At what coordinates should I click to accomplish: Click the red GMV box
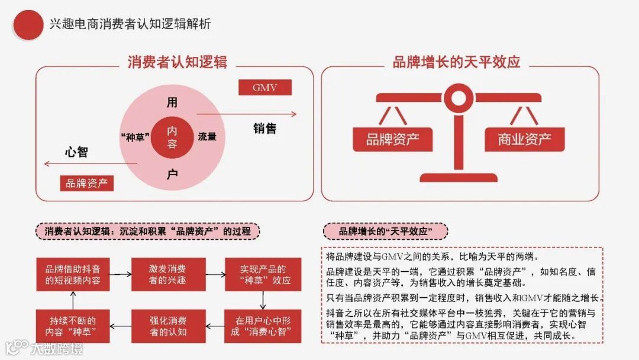[264, 88]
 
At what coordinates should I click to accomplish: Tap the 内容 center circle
[172, 137]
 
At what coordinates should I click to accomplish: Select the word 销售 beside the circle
[264, 128]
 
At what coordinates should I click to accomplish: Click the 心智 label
[76, 152]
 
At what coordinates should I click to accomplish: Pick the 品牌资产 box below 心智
[86, 183]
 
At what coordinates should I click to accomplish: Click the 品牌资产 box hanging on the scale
[392, 139]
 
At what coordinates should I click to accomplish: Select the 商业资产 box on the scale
[524, 139]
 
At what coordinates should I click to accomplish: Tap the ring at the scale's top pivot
[458, 94]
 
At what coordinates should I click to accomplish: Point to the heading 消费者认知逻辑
[177, 62]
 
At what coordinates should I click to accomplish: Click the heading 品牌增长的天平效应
[456, 62]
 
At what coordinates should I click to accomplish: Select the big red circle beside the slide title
[28, 25]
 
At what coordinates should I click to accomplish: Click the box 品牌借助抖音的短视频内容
[73, 274]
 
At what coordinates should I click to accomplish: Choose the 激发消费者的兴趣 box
[168, 274]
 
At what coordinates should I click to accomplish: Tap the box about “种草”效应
[263, 274]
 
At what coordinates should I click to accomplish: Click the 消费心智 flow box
[263, 326]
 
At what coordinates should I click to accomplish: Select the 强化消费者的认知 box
[168, 326]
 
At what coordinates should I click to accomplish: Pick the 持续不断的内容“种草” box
[73, 326]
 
